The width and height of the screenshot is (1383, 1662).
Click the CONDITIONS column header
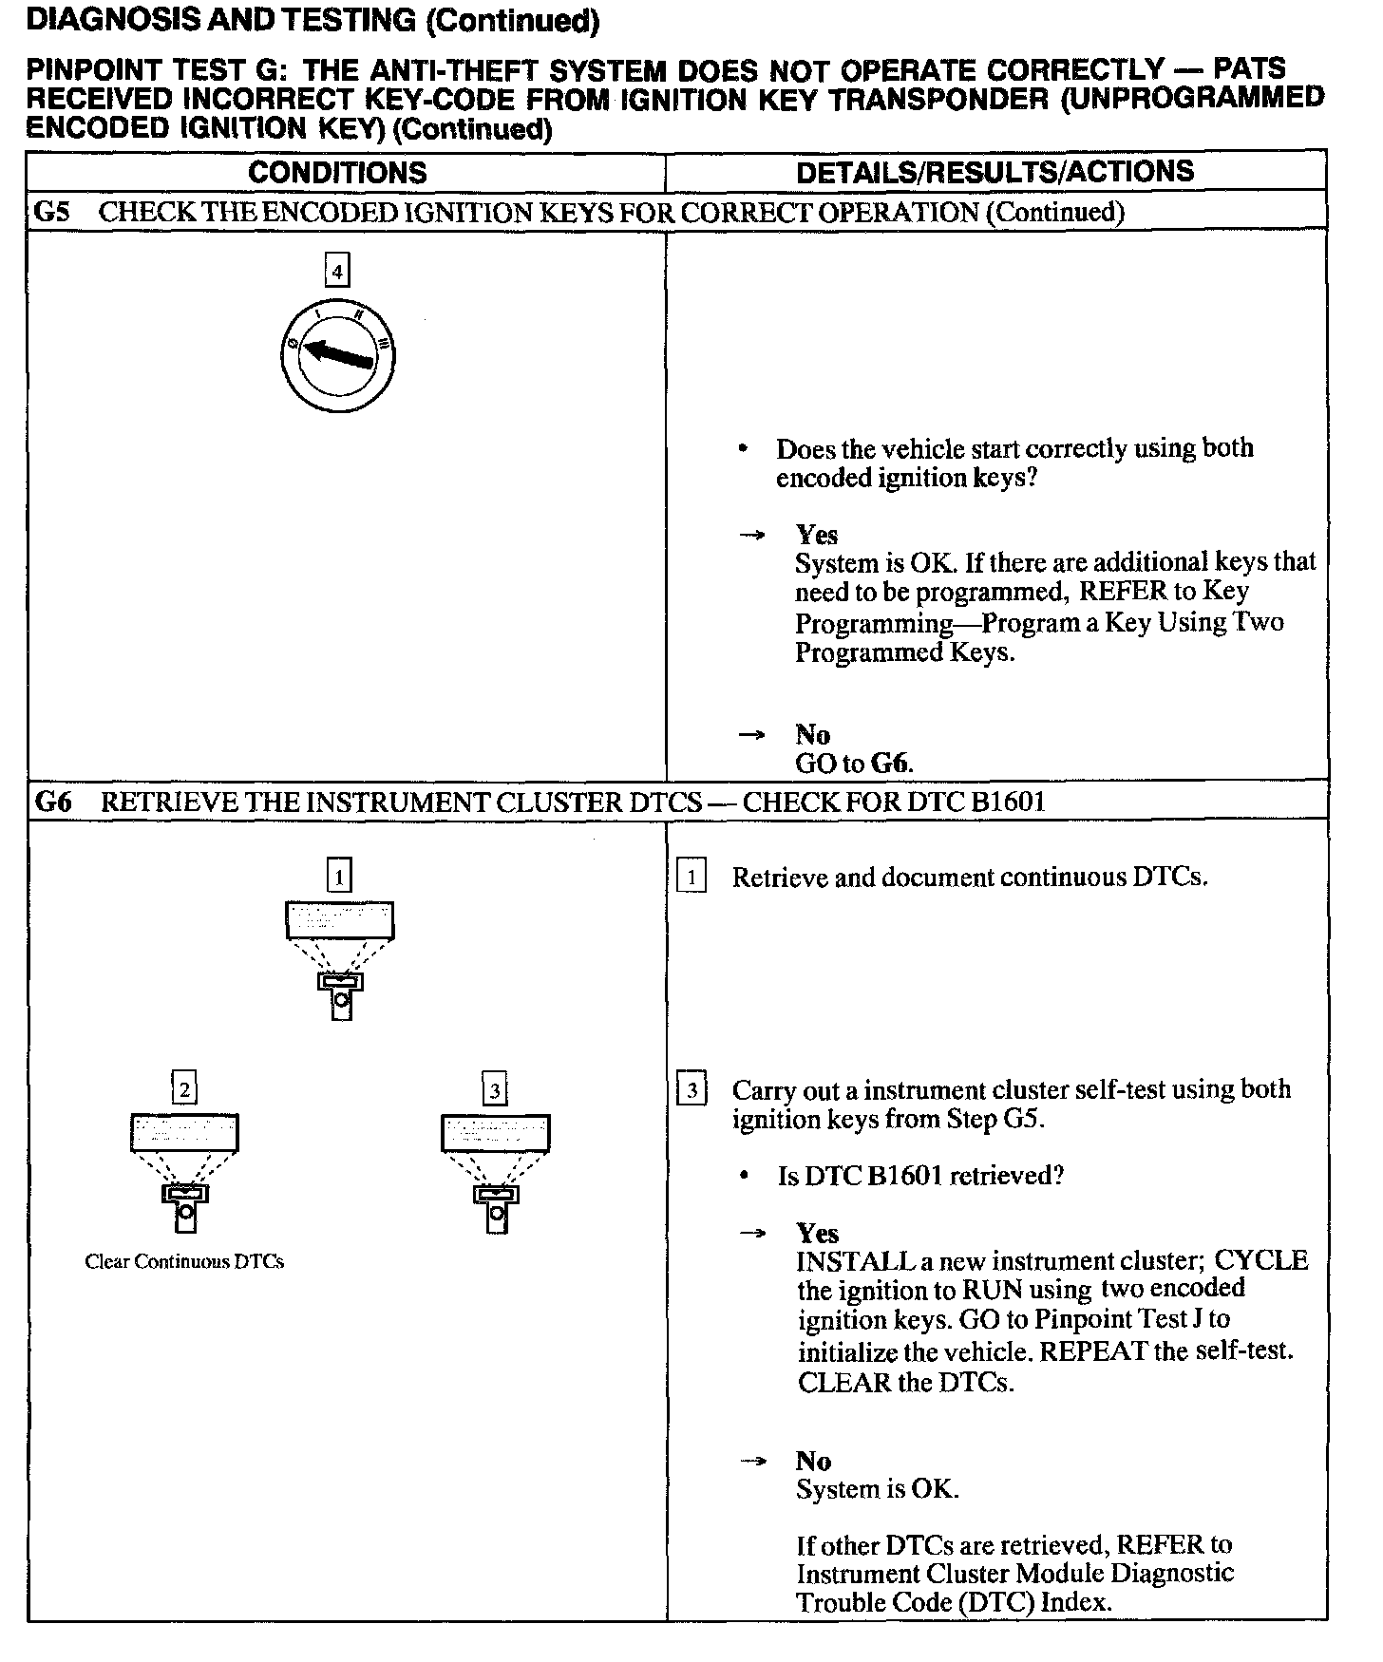pyautogui.click(x=337, y=173)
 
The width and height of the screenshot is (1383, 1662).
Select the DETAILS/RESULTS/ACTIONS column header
pyautogui.click(x=995, y=172)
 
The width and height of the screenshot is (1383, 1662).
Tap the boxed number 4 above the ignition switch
pyautogui.click(x=337, y=273)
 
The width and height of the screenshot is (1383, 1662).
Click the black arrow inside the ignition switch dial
pyautogui.click(x=337, y=353)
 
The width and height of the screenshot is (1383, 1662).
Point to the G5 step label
pyautogui.click(x=52, y=212)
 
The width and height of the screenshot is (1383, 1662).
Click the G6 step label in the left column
pyautogui.click(x=53, y=803)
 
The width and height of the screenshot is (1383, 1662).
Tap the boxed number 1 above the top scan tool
pyautogui.click(x=339, y=875)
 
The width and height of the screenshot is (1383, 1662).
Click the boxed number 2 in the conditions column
pyautogui.click(x=184, y=1088)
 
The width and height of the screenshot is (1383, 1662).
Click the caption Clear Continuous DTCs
pyautogui.click(x=184, y=1262)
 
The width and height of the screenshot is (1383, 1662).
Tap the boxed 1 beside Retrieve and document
pyautogui.click(x=691, y=878)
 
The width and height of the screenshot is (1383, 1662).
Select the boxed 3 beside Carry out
pyautogui.click(x=691, y=1090)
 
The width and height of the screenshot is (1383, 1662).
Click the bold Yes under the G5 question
pyautogui.click(x=817, y=535)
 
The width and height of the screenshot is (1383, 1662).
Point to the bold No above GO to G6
pyautogui.click(x=813, y=734)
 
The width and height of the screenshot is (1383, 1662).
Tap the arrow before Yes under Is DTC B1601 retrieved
pyautogui.click(x=752, y=1234)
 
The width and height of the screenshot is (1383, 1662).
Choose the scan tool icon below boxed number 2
pyautogui.click(x=184, y=1172)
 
